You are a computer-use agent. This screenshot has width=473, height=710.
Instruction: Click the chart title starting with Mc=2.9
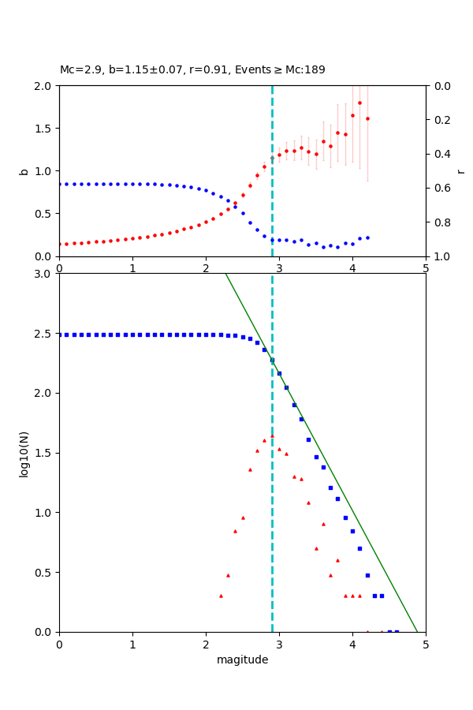[192, 70]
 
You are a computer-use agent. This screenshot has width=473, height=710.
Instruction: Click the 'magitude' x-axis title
[242, 660]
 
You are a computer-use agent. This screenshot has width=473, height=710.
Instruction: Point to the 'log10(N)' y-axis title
[24, 453]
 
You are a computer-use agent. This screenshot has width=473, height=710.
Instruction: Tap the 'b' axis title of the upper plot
[24, 171]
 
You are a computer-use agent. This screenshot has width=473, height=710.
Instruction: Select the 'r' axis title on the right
[460, 171]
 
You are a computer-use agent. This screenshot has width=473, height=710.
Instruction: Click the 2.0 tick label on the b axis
[44, 86]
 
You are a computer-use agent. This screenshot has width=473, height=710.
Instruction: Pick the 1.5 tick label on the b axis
[44, 129]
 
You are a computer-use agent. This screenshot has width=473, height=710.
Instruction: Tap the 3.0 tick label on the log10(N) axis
[44, 274]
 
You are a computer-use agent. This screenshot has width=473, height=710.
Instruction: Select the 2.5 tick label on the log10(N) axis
[44, 334]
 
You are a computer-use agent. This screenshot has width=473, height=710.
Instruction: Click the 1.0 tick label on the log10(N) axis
[44, 513]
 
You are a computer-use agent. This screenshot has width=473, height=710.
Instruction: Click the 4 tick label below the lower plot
[352, 645]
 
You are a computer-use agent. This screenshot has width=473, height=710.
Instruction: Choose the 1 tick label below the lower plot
[132, 645]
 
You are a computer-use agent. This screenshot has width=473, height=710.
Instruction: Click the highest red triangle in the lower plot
[272, 435]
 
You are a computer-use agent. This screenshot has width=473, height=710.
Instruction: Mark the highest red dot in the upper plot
[359, 103]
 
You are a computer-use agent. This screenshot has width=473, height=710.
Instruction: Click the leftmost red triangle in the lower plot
[221, 596]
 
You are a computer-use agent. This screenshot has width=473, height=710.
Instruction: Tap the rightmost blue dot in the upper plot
[367, 237]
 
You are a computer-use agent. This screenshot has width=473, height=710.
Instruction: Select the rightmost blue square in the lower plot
[397, 632]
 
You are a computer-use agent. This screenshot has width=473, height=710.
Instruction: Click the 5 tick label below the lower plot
[426, 645]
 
